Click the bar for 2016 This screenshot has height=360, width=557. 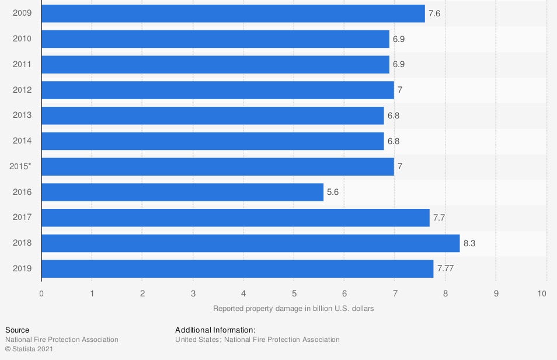click(x=182, y=192)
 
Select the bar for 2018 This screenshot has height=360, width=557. click(x=250, y=243)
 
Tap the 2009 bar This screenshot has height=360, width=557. click(x=233, y=13)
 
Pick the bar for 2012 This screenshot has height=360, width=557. click(x=218, y=90)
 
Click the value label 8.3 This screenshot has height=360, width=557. click(x=469, y=243)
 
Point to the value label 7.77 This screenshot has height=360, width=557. click(x=445, y=269)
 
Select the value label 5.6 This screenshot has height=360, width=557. click(x=333, y=192)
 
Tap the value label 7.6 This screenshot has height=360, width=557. click(x=434, y=13)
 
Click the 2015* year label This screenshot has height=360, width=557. click(x=20, y=166)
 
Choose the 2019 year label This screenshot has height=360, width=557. click(x=22, y=268)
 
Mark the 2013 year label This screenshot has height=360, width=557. click(x=22, y=115)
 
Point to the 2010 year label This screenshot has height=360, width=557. click(x=22, y=39)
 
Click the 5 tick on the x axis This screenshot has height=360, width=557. click(x=294, y=293)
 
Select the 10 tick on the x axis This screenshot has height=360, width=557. click(x=542, y=293)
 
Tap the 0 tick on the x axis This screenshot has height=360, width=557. click(x=41, y=293)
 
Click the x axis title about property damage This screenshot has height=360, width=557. click(x=293, y=308)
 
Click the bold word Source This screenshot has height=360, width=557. click(x=17, y=330)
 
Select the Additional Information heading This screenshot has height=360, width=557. click(x=215, y=330)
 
